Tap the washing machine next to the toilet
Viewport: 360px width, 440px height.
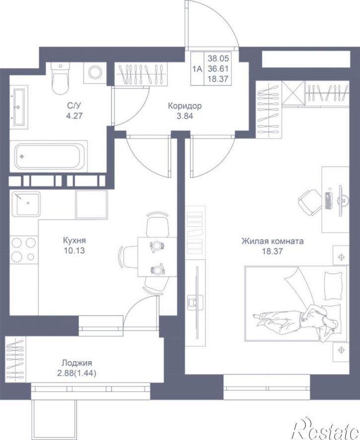pyautogui.click(x=95, y=73)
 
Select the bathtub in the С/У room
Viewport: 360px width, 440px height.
pyautogui.click(x=49, y=156)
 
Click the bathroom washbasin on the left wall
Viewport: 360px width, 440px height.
pyautogui.click(x=19, y=107)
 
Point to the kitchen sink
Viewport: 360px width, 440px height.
pyautogui.click(x=26, y=204)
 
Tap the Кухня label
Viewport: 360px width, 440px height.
pyautogui.click(x=74, y=240)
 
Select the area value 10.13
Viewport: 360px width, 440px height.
pyautogui.click(x=74, y=251)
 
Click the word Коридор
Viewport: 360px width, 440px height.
pyautogui.click(x=185, y=106)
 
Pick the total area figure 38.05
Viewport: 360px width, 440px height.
pyautogui.click(x=218, y=59)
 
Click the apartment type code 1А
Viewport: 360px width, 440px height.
pyautogui.click(x=197, y=69)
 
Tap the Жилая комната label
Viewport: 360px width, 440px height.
pyautogui.click(x=273, y=241)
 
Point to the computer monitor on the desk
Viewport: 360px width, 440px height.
pyautogui.click(x=341, y=201)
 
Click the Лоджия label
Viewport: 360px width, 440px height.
pyautogui.click(x=77, y=363)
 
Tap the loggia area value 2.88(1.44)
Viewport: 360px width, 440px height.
pyautogui.click(x=76, y=373)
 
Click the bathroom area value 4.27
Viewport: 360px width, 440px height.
pyautogui.click(x=75, y=115)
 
